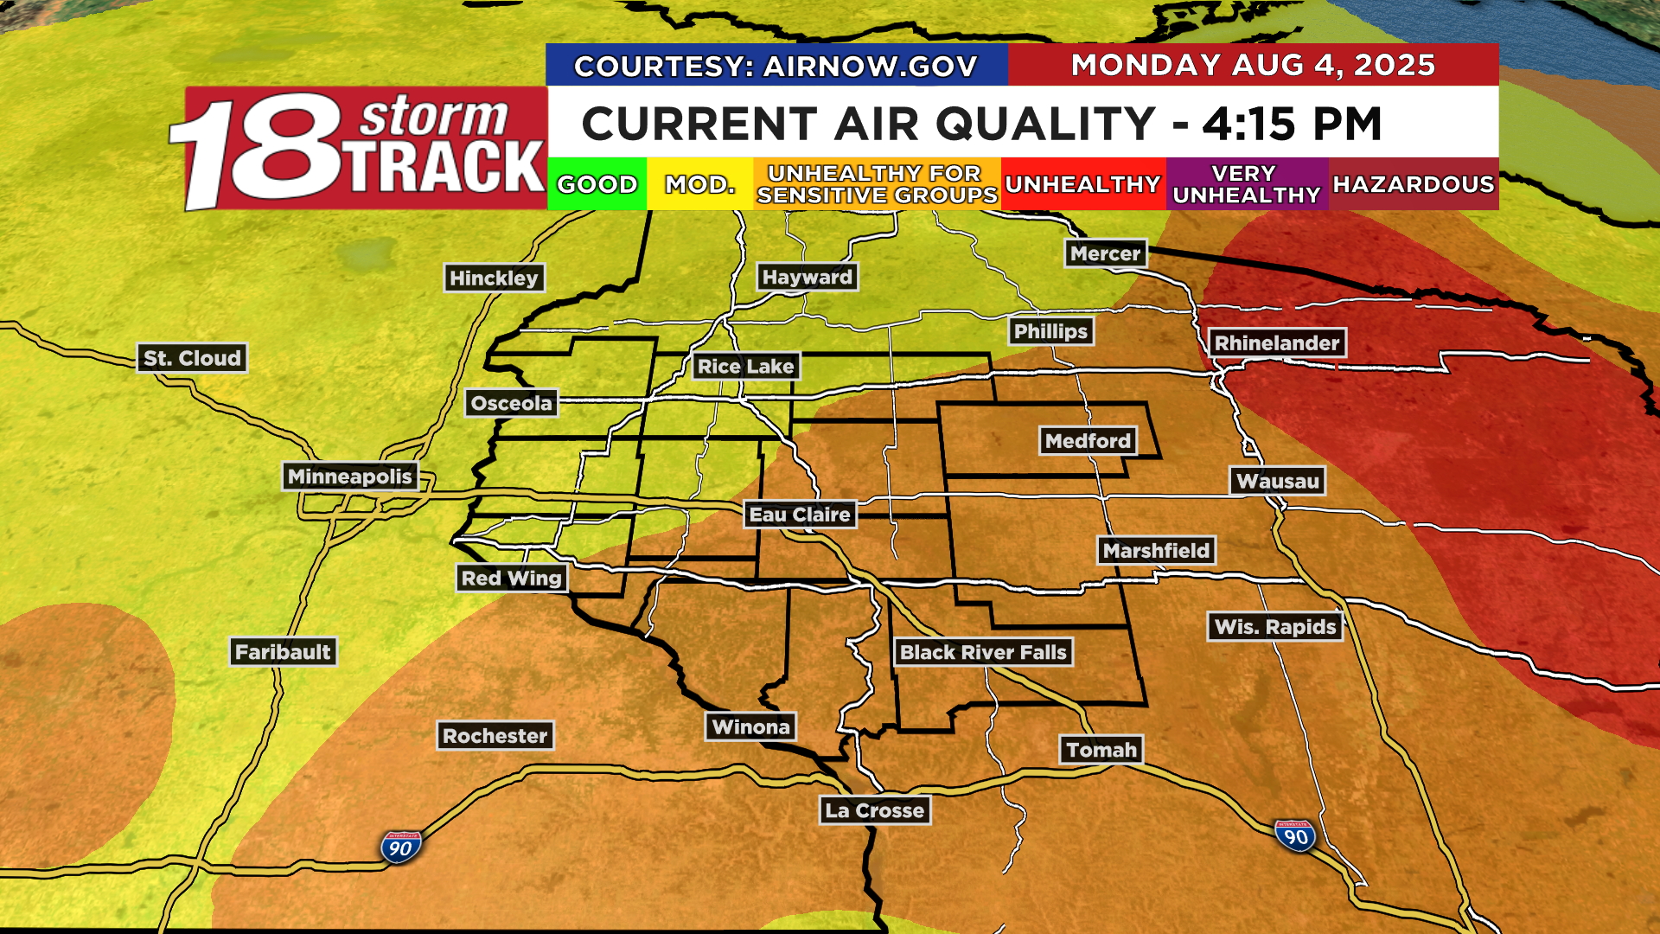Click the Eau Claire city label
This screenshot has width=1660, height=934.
800,515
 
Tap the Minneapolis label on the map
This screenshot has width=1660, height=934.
350,477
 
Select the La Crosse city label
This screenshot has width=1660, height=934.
875,810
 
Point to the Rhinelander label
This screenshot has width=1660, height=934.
1277,343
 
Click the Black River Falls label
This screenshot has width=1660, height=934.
983,652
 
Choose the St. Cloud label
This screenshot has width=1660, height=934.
192,358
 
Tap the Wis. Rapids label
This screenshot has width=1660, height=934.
1275,627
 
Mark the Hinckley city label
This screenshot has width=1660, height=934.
494,278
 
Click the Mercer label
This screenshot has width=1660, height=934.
1106,253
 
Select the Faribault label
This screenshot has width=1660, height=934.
283,652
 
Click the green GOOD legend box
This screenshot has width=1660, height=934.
597,184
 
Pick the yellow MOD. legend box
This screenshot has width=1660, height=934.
699,184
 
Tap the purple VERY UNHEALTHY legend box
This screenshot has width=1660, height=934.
1247,184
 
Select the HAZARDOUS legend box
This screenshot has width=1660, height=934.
1414,184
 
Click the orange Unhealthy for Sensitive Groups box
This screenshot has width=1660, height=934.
877,184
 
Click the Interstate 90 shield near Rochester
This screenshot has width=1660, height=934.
400,848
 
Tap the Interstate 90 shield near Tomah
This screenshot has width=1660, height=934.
1295,836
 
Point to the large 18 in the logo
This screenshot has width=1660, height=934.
259,149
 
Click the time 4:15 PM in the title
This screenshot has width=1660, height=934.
1292,124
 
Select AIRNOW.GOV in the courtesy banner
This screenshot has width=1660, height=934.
871,67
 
